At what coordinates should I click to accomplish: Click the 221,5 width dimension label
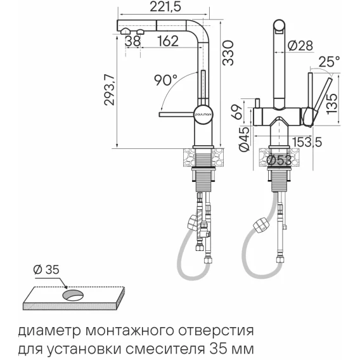click(x=165, y=7)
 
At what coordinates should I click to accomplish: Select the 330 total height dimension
click(x=228, y=53)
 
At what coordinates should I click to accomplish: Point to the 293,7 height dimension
click(x=109, y=90)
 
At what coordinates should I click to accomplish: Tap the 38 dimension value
click(x=132, y=41)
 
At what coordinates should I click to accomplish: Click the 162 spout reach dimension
click(x=168, y=41)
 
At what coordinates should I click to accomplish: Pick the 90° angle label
click(x=165, y=80)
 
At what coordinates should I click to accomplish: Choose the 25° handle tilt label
click(x=329, y=61)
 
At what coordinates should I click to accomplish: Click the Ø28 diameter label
click(x=300, y=46)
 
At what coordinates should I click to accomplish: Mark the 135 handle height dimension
click(x=332, y=101)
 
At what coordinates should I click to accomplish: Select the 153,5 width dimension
click(x=307, y=142)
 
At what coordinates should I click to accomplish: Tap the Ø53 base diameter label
click(x=279, y=160)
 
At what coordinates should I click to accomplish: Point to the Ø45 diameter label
click(x=244, y=139)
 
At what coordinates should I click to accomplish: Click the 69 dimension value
click(x=237, y=112)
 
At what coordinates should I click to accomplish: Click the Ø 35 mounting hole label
click(x=46, y=269)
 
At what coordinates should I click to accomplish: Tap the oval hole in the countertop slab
click(x=73, y=295)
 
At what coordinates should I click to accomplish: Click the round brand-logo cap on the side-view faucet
click(x=203, y=114)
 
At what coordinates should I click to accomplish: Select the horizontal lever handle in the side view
click(x=176, y=114)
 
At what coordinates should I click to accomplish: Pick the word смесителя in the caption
click(x=166, y=349)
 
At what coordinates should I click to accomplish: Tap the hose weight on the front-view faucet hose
click(x=262, y=226)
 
